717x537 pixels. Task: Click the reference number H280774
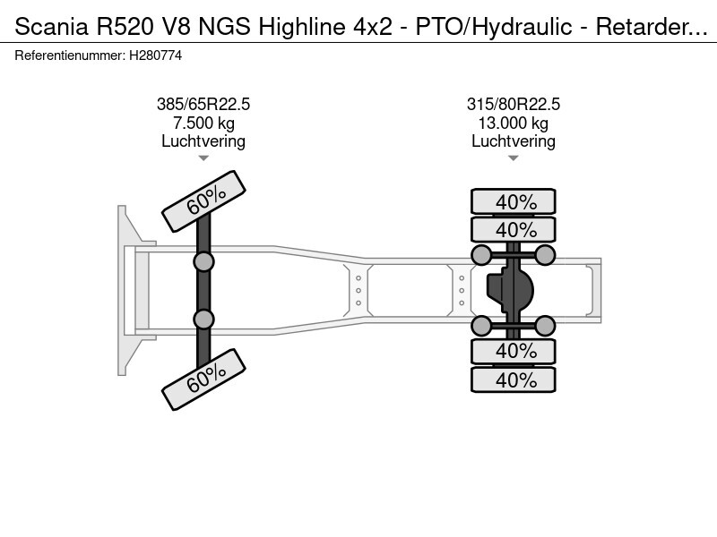pyautogui.click(x=155, y=55)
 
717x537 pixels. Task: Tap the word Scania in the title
pyautogui.click(x=51, y=27)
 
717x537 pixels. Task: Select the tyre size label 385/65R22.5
pyautogui.click(x=203, y=104)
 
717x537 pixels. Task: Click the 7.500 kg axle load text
pyautogui.click(x=203, y=123)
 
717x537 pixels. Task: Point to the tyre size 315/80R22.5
pyautogui.click(x=513, y=104)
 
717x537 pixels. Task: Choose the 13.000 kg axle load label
pyautogui.click(x=513, y=123)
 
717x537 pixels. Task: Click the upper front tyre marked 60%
pyautogui.click(x=204, y=200)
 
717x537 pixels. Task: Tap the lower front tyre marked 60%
pyautogui.click(x=204, y=379)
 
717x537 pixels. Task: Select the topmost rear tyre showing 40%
pyautogui.click(x=514, y=201)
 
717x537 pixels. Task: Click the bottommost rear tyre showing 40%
pyautogui.click(x=514, y=379)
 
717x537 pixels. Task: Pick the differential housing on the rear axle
pyautogui.click(x=510, y=290)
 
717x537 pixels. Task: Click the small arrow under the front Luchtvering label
pyautogui.click(x=203, y=158)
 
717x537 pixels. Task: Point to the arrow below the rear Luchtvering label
pyautogui.click(x=513, y=158)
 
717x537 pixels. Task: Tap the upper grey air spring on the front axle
pyautogui.click(x=203, y=262)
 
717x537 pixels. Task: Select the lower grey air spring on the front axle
pyautogui.click(x=203, y=320)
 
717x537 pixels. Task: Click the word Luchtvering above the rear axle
pyautogui.click(x=513, y=141)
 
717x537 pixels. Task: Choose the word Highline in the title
pyautogui.click(x=302, y=27)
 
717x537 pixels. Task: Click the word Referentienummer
pyautogui.click(x=69, y=55)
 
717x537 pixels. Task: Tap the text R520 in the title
pyautogui.click(x=125, y=27)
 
